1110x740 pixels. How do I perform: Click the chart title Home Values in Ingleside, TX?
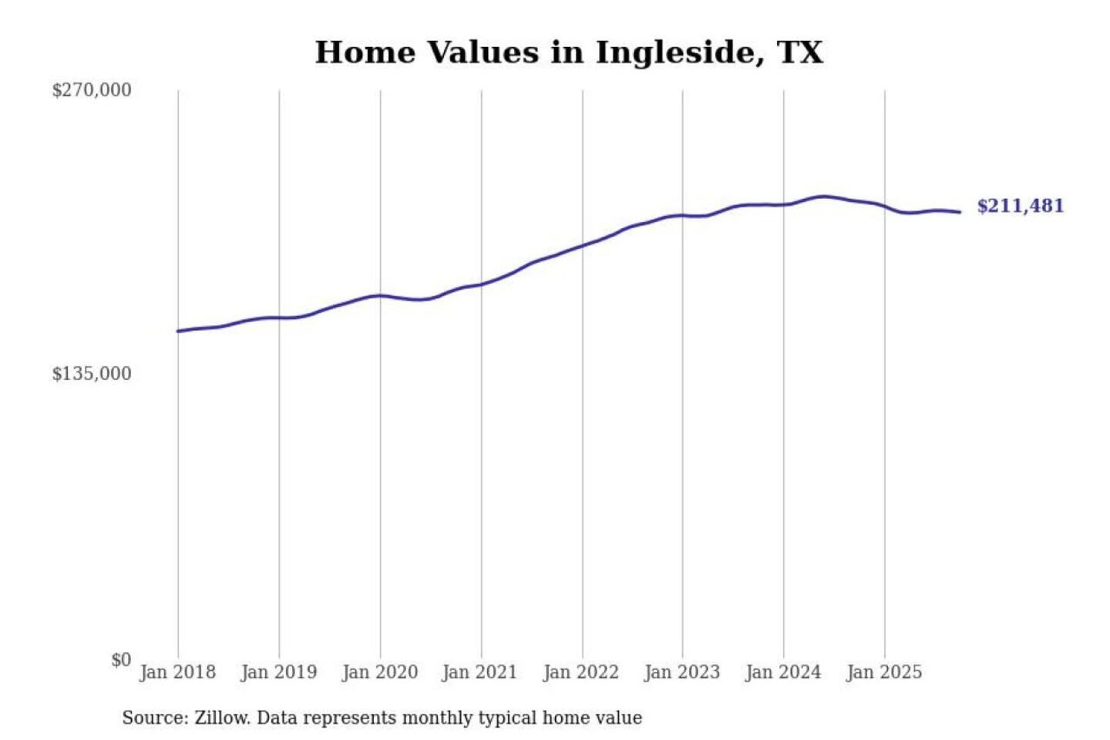click(x=569, y=52)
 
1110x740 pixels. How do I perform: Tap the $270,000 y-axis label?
click(x=92, y=90)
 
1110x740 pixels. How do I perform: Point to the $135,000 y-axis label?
click(x=92, y=374)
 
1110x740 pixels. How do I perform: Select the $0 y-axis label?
click(x=121, y=660)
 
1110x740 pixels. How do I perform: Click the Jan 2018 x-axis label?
click(x=178, y=672)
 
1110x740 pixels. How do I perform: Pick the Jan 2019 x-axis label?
click(x=279, y=672)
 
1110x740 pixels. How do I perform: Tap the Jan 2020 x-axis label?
click(x=380, y=672)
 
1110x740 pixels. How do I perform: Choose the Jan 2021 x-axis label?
click(x=479, y=672)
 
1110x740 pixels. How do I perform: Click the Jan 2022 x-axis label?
click(x=581, y=672)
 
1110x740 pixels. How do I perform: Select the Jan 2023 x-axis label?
click(x=682, y=672)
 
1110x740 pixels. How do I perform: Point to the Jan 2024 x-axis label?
click(x=783, y=672)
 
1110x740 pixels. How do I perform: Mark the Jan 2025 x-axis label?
click(x=884, y=672)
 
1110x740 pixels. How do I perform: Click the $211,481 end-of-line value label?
click(x=1020, y=206)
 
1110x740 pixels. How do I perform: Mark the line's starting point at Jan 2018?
click(x=178, y=331)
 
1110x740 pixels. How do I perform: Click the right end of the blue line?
click(x=960, y=212)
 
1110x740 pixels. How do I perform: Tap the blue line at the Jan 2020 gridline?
click(x=380, y=295)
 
